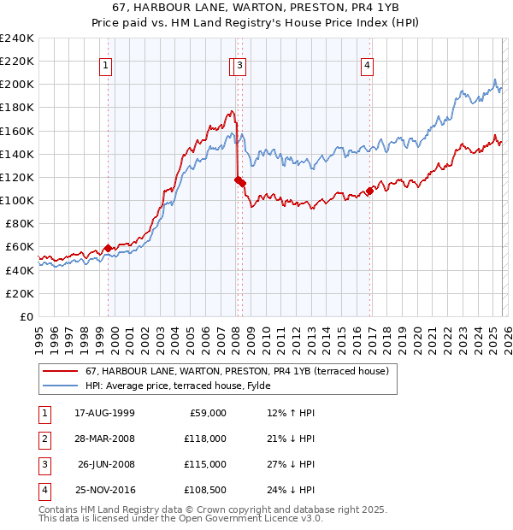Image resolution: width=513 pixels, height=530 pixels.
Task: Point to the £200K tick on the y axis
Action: coord(17,85)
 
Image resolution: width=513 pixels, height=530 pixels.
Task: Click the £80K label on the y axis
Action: coord(20,224)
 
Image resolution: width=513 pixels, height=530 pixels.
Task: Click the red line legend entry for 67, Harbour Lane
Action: coord(237,371)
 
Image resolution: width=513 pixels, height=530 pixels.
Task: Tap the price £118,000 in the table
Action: coord(206,439)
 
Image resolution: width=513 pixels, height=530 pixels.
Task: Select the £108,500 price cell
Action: coord(206,490)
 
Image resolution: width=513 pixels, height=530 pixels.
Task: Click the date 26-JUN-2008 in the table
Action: coord(104,464)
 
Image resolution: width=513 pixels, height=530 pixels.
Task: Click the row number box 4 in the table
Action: coord(44,490)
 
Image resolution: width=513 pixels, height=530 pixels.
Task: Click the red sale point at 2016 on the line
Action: coord(370,191)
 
